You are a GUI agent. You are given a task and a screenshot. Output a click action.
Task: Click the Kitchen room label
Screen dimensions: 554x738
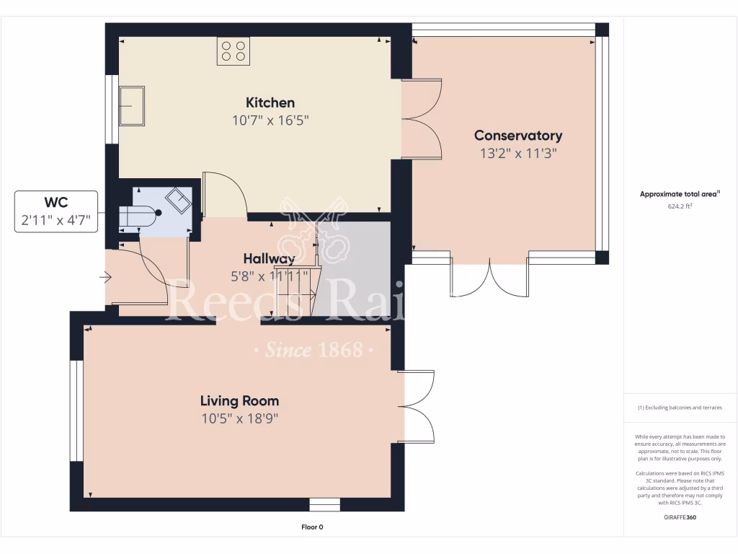click(270, 102)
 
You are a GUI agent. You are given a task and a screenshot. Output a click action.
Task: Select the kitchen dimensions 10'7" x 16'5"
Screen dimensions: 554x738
click(270, 120)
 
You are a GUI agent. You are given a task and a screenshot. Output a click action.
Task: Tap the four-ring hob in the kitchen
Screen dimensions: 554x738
click(234, 51)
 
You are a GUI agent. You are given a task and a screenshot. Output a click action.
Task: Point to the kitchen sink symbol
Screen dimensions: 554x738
click(132, 106)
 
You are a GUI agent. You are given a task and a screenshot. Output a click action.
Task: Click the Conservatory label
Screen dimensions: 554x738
click(517, 136)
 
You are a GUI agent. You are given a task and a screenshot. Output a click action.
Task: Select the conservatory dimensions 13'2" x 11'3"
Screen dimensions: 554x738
click(517, 153)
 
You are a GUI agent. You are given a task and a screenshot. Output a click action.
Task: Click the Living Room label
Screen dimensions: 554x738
click(239, 401)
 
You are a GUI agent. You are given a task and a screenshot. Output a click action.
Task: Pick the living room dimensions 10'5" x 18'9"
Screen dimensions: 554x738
click(239, 418)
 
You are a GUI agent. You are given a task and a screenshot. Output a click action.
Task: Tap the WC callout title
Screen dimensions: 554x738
click(55, 203)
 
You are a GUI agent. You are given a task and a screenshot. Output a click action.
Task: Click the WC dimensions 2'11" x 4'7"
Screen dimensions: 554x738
click(55, 220)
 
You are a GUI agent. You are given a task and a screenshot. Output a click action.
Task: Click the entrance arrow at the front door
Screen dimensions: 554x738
click(107, 276)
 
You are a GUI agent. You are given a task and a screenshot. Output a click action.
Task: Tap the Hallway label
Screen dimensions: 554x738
click(268, 259)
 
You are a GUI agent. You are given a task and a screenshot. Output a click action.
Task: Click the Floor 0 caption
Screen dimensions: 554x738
click(311, 527)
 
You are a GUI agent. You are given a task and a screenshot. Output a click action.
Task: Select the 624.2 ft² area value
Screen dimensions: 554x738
click(680, 206)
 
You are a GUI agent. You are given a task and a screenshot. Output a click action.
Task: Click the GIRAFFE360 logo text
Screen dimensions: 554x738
click(680, 517)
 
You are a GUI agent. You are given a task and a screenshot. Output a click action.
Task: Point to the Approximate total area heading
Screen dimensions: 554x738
click(680, 194)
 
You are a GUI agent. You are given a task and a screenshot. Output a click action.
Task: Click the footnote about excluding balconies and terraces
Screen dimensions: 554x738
click(680, 408)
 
